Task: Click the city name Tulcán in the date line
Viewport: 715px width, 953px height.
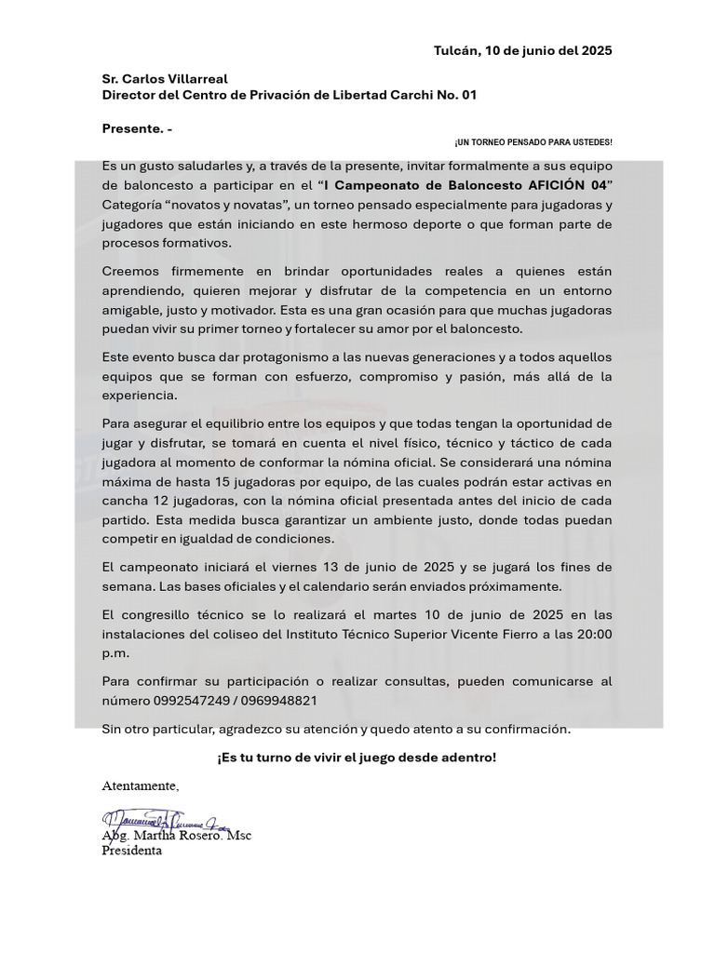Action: tap(455, 50)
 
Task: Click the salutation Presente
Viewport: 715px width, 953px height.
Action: tap(132, 128)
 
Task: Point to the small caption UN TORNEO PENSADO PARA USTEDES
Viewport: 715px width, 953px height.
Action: tap(533, 142)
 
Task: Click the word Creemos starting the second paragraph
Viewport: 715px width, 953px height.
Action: tap(132, 271)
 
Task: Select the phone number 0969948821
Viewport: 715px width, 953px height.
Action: tap(277, 699)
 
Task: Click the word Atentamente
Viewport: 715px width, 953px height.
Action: tap(140, 785)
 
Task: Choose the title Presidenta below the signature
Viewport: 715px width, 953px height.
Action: tap(131, 850)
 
